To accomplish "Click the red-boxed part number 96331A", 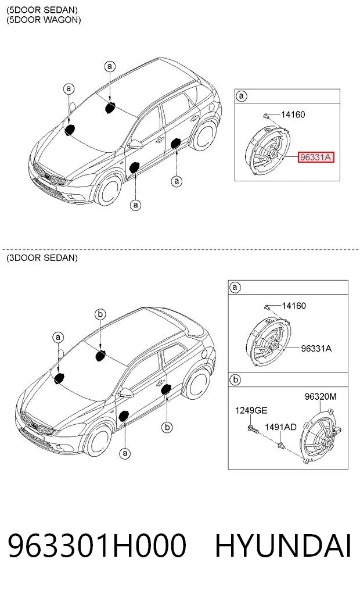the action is tap(315, 157).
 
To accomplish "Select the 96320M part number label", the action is tap(321, 396).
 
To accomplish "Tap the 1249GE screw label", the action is tap(251, 410).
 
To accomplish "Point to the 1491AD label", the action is tap(280, 427).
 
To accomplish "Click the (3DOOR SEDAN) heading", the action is tap(42, 258).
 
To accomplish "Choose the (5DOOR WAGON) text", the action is tap(44, 20).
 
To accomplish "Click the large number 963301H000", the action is tap(97, 546).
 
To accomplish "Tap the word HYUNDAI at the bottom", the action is tap(283, 546).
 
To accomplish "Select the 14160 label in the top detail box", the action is tap(293, 114).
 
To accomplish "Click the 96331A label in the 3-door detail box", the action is tap(316, 348).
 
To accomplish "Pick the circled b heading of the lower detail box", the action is tap(235, 379).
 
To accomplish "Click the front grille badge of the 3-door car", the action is tap(35, 427).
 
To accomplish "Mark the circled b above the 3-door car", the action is tap(100, 314).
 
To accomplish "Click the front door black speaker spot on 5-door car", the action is tap(134, 167).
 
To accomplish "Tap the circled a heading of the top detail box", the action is tap(242, 96).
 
